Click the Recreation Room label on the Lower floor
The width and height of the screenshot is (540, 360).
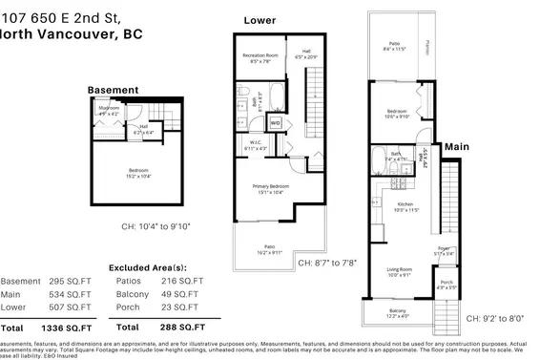pos(260,57)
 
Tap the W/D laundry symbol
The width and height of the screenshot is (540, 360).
pos(275,123)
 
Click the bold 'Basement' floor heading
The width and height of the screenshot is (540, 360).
pos(113,90)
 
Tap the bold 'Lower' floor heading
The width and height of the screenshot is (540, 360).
pos(260,20)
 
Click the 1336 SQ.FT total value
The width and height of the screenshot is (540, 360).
pos(62,328)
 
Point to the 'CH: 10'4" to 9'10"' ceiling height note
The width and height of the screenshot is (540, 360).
pos(156,227)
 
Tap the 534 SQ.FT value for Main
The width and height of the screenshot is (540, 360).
pos(62,295)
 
